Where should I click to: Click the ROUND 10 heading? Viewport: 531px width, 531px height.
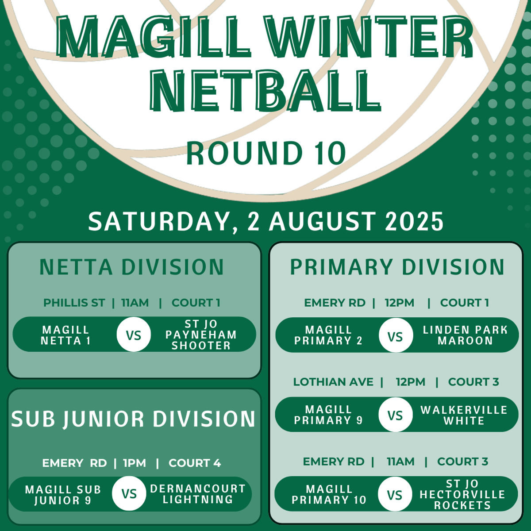[x=266, y=153]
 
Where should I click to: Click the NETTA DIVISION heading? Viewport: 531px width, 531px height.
[x=132, y=267]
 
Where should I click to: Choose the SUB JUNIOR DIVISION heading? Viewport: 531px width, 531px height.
[x=133, y=419]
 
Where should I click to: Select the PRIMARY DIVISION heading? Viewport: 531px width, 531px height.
[x=397, y=267]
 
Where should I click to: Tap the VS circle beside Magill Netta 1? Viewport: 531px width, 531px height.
[x=134, y=334]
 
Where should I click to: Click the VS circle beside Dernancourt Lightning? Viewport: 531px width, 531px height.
[x=129, y=493]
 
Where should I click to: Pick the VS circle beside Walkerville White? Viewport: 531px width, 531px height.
[x=396, y=415]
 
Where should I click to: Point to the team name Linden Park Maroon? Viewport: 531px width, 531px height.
[x=465, y=335]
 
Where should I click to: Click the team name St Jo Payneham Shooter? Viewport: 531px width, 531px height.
[x=201, y=334]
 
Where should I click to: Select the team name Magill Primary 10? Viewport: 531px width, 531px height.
[x=329, y=494]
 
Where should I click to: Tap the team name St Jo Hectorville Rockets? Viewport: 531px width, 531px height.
[x=462, y=494]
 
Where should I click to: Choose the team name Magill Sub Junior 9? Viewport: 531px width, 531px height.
[x=63, y=495]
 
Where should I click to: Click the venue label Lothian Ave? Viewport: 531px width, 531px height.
[x=333, y=382]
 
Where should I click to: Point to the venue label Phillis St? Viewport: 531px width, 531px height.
[x=74, y=303]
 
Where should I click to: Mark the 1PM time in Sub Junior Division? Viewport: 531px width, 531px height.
[x=135, y=463]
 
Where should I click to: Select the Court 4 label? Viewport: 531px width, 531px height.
[x=195, y=463]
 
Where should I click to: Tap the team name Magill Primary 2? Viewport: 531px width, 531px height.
[x=328, y=335]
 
